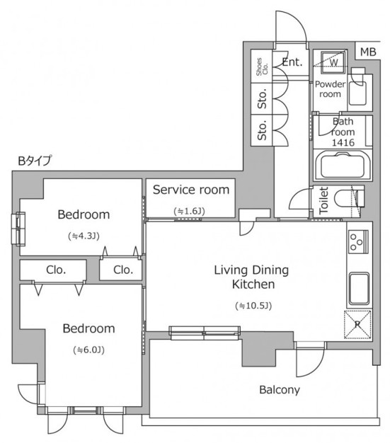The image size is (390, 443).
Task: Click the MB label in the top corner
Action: pyautogui.click(x=368, y=52)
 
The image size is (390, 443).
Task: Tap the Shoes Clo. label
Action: pyautogui.click(x=262, y=67)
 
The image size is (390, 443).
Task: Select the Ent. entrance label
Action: pyautogui.click(x=292, y=62)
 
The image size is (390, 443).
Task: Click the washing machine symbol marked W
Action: pyautogui.click(x=333, y=62)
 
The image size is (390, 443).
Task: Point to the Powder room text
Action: pyautogui.click(x=330, y=89)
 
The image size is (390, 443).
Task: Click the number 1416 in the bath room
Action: pyautogui.click(x=343, y=143)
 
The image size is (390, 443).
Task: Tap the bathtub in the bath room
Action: pyautogui.click(x=343, y=166)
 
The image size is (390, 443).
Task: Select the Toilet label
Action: pyautogui.click(x=323, y=200)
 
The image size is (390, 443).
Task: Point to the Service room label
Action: pyautogui.click(x=191, y=190)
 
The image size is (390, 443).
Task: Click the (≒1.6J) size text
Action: pyautogui.click(x=190, y=211)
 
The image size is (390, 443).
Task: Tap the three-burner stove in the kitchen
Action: pyautogui.click(x=358, y=242)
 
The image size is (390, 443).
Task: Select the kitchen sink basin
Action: pyautogui.click(x=359, y=289)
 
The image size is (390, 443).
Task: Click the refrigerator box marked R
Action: pyautogui.click(x=357, y=324)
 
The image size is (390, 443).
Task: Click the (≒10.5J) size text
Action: pyautogui.click(x=253, y=306)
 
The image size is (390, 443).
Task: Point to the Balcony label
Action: pyautogui.click(x=280, y=390)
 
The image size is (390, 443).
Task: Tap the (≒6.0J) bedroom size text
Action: pyautogui.click(x=88, y=350)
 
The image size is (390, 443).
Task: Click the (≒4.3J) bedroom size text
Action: pyautogui.click(x=84, y=236)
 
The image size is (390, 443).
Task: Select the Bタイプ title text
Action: pyautogui.click(x=35, y=161)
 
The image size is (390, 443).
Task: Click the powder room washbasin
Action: pyautogui.click(x=357, y=93)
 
